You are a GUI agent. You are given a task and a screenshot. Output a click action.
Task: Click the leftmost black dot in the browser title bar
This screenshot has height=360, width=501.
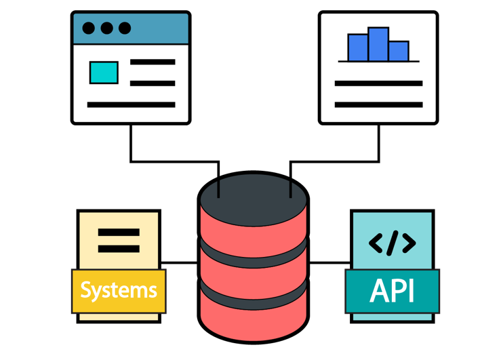click(x=89, y=28)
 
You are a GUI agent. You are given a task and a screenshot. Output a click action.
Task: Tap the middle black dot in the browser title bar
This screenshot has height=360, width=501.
click(x=106, y=28)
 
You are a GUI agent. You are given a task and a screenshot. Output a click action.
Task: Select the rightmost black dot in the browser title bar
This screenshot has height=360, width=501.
click(x=125, y=28)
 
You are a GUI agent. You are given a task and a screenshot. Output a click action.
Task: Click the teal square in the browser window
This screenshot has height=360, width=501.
click(x=104, y=73)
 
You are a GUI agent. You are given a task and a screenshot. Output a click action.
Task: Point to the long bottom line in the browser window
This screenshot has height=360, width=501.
click(x=131, y=105)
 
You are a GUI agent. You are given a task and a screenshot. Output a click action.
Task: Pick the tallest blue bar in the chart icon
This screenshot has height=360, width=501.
click(x=378, y=45)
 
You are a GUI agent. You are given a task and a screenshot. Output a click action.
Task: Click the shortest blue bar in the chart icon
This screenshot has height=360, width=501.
click(x=399, y=52)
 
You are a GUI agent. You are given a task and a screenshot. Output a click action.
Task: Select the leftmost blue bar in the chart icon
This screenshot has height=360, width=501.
click(x=358, y=47)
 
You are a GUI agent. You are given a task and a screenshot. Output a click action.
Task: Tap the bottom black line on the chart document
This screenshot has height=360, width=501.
click(x=378, y=105)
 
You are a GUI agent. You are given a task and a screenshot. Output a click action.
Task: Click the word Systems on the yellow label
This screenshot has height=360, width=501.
click(x=119, y=291)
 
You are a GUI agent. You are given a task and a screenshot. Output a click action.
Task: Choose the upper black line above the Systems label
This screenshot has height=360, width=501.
click(x=119, y=233)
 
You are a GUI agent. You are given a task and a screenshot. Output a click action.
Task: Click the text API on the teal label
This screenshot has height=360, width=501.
click(x=392, y=291)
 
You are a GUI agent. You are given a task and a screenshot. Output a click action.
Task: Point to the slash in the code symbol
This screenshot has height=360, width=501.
click(x=393, y=243)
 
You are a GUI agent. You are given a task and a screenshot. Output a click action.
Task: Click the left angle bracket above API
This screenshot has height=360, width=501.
click(x=376, y=243)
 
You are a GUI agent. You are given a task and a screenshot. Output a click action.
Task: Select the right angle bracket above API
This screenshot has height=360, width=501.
click(x=408, y=243)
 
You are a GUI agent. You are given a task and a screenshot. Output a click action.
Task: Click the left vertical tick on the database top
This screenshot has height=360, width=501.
click(x=218, y=188)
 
